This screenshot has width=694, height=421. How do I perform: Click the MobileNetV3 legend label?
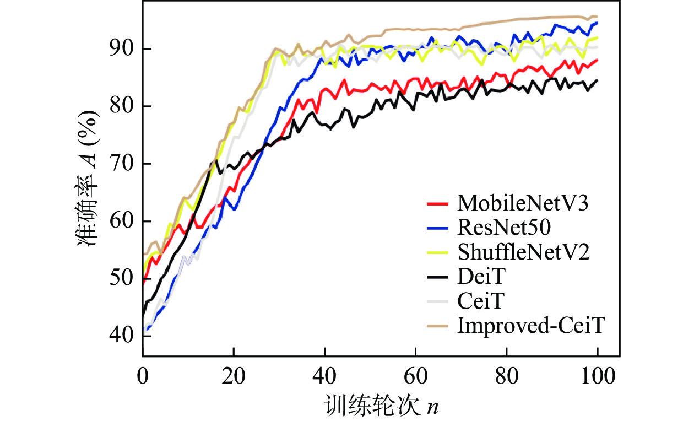523,204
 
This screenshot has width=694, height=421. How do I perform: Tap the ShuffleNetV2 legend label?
523,253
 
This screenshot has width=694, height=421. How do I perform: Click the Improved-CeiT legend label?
531,326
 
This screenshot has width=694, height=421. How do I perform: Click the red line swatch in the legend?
440,204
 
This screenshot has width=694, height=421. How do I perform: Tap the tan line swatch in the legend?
440,326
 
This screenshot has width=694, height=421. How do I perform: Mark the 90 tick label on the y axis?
121,49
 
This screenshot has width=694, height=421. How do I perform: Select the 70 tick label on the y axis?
121,164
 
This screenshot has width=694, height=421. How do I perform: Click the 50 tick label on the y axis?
121,278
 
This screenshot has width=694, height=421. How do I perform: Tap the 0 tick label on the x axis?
143,379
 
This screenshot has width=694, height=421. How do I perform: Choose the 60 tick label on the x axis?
415,379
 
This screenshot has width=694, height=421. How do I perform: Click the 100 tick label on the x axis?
597,379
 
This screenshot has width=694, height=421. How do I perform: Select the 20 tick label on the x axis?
234,379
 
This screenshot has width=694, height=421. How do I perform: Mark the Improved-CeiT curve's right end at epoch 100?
597,17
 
